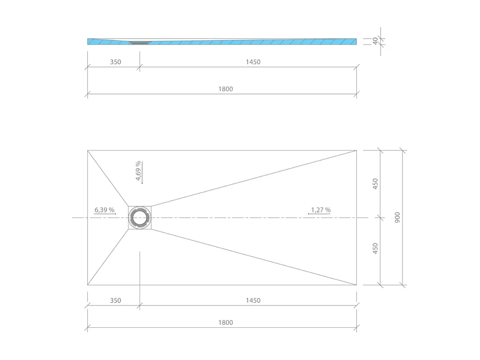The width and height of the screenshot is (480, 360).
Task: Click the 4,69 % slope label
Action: (138, 171)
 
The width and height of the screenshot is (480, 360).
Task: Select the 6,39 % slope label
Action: (104, 210)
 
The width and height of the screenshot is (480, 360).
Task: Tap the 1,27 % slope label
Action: (321, 210)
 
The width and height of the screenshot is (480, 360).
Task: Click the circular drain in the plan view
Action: (140, 218)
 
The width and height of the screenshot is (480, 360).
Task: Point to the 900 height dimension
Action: (397, 217)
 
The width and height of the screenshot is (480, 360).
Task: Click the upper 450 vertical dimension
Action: (376, 184)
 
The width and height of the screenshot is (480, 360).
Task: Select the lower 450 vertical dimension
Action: (376, 248)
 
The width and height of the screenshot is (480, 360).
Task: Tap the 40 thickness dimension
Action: (375, 41)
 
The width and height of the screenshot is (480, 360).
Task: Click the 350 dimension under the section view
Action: (115, 62)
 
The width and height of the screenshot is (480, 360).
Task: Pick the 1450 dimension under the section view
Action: (253, 62)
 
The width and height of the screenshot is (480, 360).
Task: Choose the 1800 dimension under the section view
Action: (226, 89)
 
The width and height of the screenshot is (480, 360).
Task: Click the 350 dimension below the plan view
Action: (115, 300)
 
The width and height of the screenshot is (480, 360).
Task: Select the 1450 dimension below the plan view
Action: (253, 300)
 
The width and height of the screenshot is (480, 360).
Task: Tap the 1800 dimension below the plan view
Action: (226, 323)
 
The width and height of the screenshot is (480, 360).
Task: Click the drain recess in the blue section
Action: (140, 42)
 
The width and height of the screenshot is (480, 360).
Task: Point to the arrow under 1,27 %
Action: (319, 214)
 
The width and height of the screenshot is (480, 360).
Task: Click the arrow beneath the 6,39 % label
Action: (105, 214)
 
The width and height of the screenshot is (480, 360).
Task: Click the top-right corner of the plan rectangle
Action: (356, 150)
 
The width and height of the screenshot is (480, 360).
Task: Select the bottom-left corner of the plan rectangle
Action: (88, 285)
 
